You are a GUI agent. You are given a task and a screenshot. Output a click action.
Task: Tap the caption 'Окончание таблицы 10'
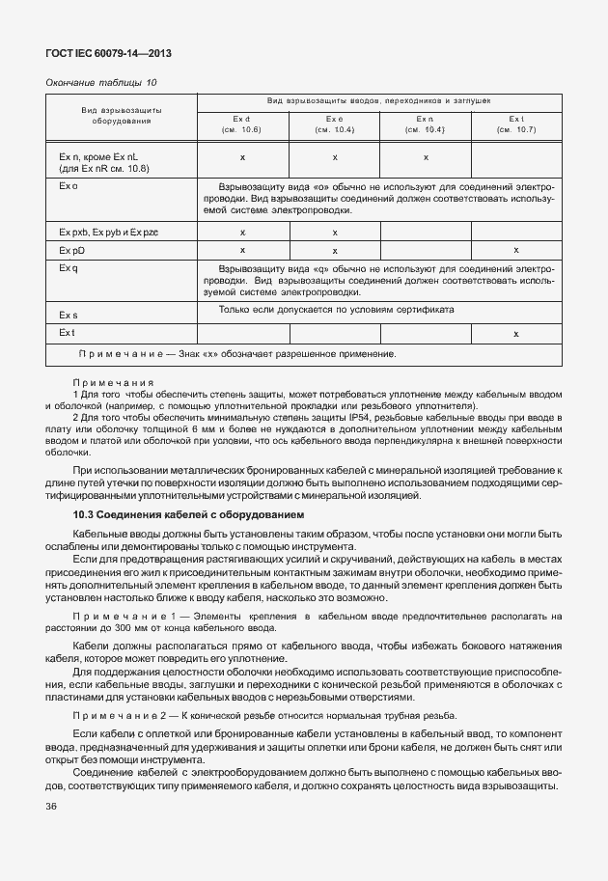[x=101, y=83]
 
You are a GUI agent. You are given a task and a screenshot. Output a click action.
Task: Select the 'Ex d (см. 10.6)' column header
[x=241, y=123]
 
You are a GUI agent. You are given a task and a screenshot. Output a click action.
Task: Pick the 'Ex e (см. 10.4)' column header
[x=334, y=123]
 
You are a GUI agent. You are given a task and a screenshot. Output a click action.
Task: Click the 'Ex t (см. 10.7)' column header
[x=515, y=123]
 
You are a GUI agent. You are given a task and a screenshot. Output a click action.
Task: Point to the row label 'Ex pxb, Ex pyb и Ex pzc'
[x=108, y=232]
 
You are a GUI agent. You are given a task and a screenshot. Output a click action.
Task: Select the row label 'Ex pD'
[x=72, y=250]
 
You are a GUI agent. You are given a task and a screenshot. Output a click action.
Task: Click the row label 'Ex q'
[x=68, y=267]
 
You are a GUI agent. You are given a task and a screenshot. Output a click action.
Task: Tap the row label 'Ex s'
[x=68, y=315]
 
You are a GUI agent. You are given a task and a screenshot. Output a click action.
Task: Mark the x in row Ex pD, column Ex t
[x=516, y=250]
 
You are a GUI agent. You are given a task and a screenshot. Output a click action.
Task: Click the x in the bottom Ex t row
[x=516, y=333]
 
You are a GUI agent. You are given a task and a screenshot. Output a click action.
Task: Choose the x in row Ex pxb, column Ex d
[x=242, y=232]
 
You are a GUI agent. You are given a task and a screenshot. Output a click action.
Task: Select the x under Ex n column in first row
[x=426, y=156]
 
